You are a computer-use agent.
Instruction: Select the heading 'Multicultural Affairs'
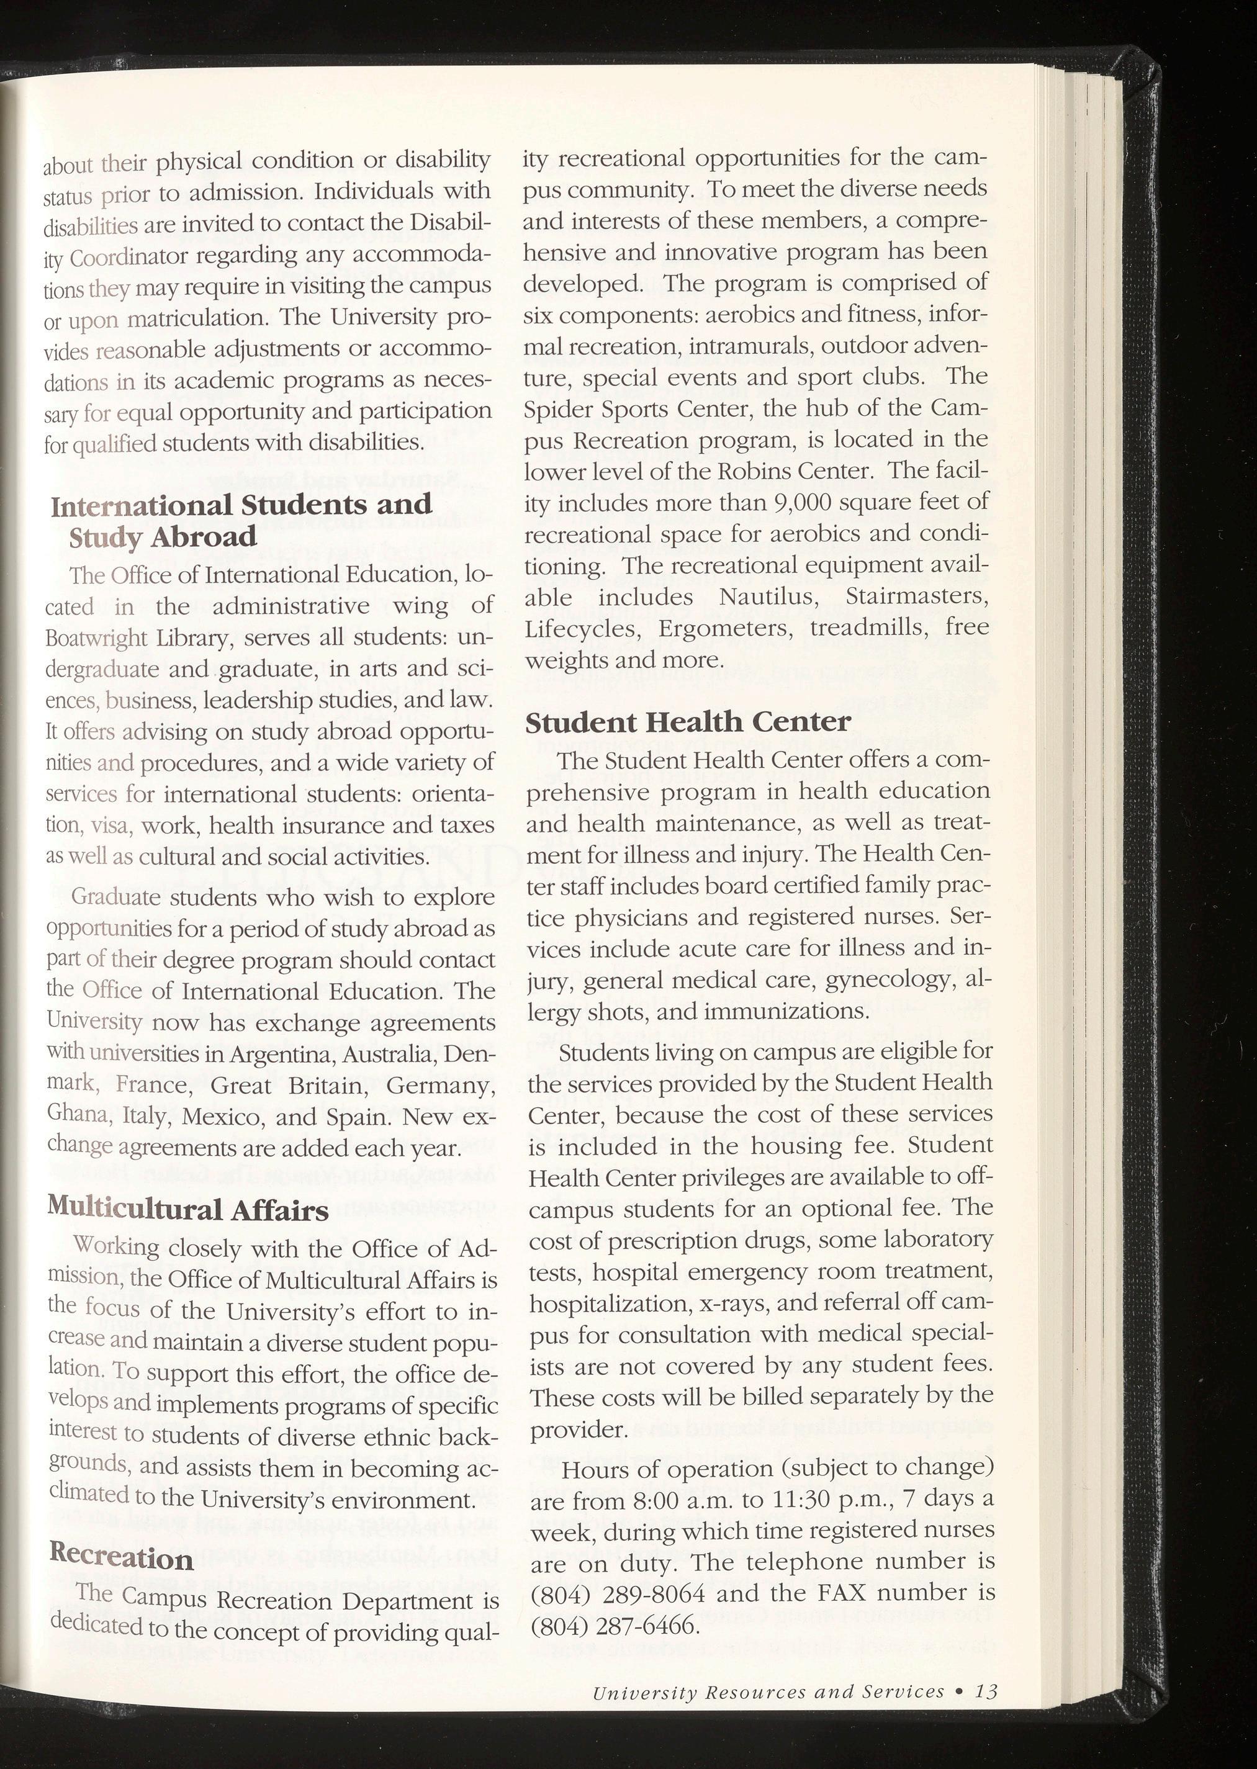[187, 1209]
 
